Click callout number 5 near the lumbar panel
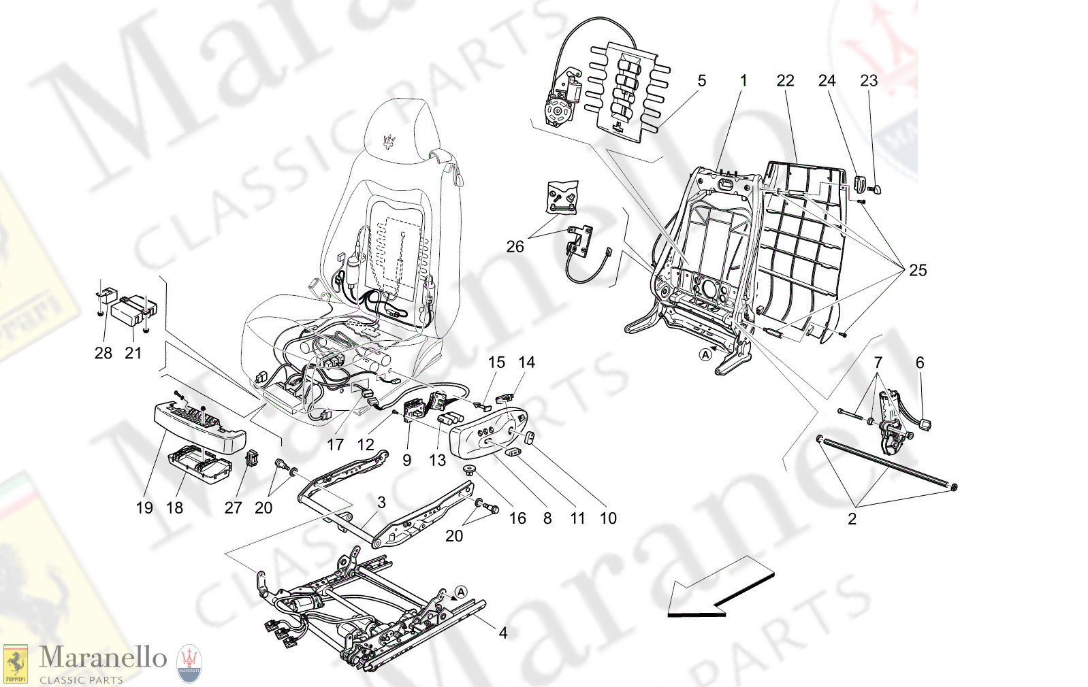click(701, 80)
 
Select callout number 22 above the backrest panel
click(785, 80)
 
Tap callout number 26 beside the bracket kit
click(515, 246)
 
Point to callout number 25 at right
click(917, 270)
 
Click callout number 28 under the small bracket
click(103, 352)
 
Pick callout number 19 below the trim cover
click(144, 507)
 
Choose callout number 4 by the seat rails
click(502, 633)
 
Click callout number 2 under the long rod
click(852, 519)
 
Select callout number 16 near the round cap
click(517, 518)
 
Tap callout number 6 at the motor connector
click(920, 363)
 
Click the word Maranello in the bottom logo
click(103, 658)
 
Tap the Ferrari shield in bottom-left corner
click(16, 664)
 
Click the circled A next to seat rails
click(461, 592)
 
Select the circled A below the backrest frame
click(706, 354)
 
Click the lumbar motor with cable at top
click(560, 102)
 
